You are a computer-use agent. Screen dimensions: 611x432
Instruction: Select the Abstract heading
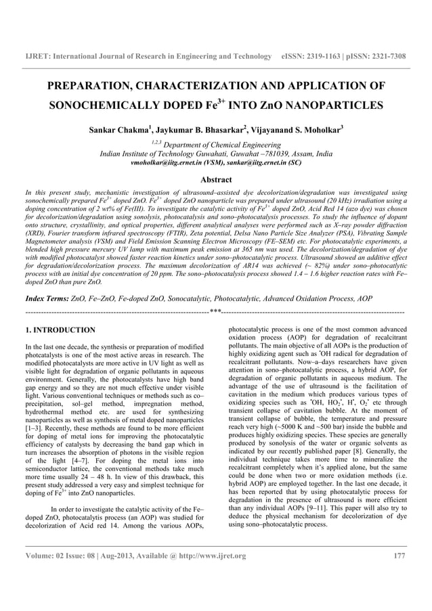215,179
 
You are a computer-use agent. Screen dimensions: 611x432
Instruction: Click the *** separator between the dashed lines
215,312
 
